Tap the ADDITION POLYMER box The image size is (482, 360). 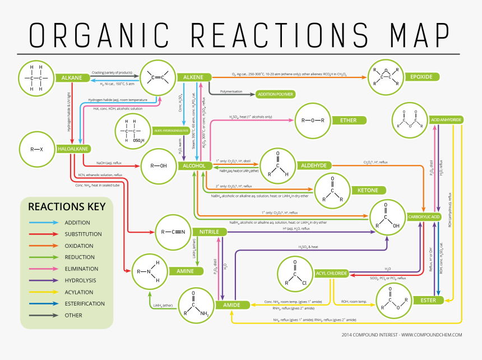275,94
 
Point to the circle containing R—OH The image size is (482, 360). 159,166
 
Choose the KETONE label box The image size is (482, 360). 368,191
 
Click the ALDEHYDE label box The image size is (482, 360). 314,165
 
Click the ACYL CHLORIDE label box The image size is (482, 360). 331,274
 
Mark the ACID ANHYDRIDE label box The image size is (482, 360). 446,120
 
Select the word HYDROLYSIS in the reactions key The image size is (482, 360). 81,280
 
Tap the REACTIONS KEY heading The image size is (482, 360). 67,206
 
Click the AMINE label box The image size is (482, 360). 186,271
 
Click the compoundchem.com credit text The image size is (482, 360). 402,335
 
